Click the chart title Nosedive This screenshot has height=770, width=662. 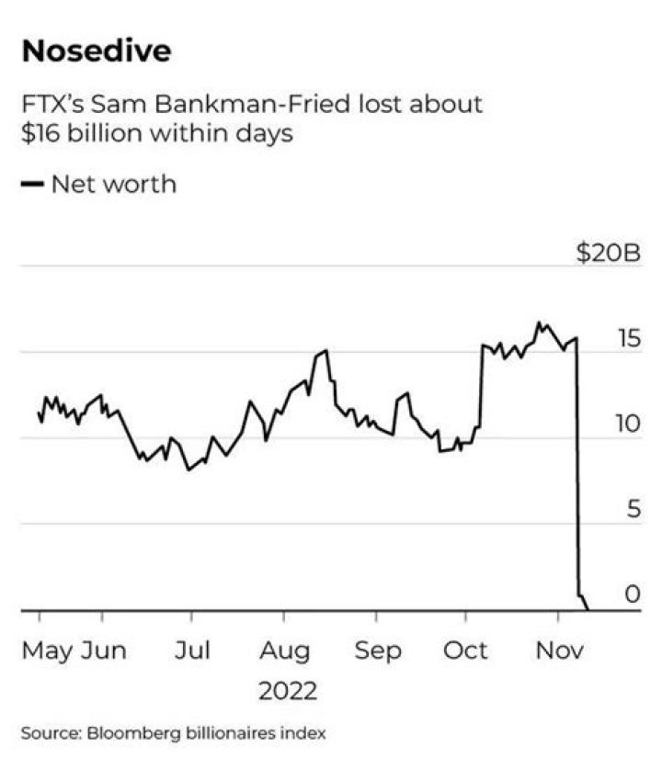(97, 51)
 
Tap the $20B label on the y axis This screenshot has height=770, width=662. (607, 252)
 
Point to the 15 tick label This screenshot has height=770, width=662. (628, 338)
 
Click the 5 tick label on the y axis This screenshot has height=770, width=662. (633, 509)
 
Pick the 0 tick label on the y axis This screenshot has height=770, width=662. (633, 594)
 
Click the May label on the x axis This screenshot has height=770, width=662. (48, 651)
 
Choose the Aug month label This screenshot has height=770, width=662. (284, 651)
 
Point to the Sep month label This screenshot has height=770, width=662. (378, 651)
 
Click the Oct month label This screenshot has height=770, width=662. (466, 651)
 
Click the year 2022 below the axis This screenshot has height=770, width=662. (287, 690)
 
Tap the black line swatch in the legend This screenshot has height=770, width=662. (33, 185)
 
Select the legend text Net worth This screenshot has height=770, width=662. (113, 184)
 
